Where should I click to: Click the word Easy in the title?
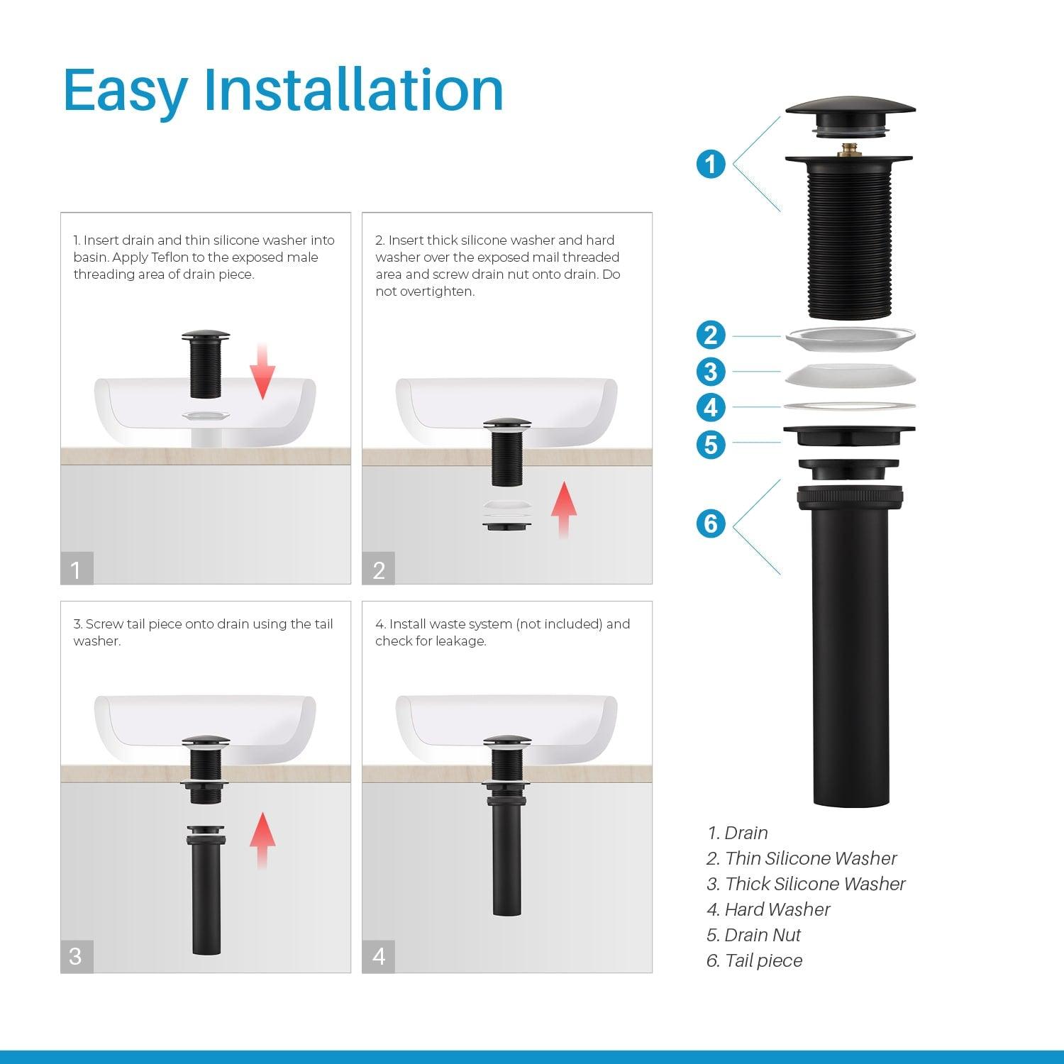click(126, 91)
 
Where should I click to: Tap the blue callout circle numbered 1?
click(711, 165)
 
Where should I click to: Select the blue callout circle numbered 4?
click(711, 407)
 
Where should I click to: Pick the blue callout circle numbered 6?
click(711, 523)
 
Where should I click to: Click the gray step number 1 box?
click(77, 568)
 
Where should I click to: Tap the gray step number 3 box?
click(77, 956)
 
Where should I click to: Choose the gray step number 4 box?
click(379, 956)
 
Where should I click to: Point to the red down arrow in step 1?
click(262, 371)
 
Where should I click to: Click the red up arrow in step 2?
click(564, 509)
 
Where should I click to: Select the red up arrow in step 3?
click(262, 841)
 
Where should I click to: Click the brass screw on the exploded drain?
click(845, 150)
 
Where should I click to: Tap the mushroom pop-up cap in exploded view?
click(850, 116)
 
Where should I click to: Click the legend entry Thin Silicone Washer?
click(802, 858)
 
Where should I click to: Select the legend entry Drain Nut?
click(753, 935)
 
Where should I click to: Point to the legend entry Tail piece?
click(754, 960)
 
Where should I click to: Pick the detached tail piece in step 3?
click(206, 890)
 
